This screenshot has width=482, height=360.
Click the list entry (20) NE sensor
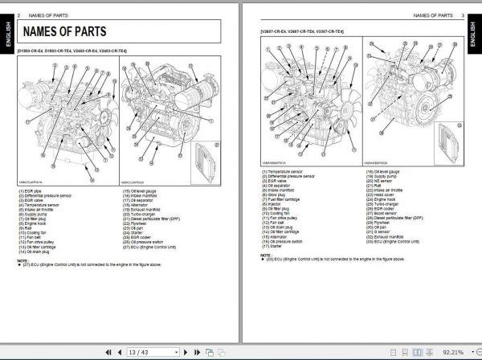tap(382, 181)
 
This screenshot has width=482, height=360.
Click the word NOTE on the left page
tap(22, 260)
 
